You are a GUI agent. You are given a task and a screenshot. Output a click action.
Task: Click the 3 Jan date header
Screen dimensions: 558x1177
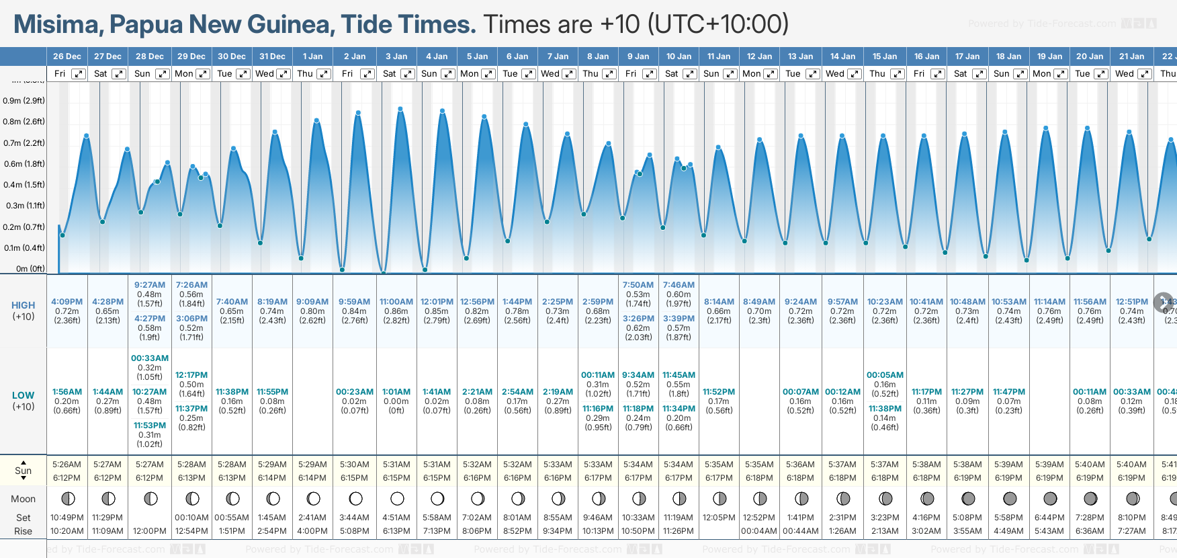point(396,56)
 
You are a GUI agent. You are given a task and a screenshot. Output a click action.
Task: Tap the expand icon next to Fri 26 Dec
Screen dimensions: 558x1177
point(79,74)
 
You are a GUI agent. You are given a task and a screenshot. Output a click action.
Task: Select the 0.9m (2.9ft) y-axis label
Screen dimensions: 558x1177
point(24,101)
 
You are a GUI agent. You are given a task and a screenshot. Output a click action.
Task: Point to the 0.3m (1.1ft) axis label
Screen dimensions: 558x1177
point(24,206)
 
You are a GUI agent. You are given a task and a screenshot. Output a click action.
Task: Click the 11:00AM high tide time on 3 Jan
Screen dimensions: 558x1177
point(396,302)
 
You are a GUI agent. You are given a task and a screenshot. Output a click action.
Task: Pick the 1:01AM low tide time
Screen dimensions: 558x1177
point(396,392)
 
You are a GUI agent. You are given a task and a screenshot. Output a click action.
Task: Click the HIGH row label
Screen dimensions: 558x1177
point(23,305)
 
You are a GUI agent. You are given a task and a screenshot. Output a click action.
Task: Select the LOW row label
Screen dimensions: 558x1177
point(23,395)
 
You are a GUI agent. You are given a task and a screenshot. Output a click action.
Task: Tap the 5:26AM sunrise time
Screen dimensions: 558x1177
point(67,465)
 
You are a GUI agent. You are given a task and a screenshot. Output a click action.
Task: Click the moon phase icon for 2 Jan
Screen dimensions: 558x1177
point(355,499)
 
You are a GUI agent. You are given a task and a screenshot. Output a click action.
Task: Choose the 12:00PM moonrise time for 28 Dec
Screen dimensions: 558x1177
point(149,531)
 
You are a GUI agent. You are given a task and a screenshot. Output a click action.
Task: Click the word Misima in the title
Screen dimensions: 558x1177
point(56,24)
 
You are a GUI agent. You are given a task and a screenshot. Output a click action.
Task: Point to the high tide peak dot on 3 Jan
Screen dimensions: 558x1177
point(400,109)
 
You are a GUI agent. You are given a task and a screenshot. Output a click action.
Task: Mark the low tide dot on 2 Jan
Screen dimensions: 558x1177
point(343,270)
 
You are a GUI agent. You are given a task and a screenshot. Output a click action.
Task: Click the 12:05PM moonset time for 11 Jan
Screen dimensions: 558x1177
point(719,518)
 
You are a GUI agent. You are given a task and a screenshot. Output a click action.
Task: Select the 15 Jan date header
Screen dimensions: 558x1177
point(885,56)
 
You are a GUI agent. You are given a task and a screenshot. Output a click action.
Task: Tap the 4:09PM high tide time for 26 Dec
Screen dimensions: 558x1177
point(67,302)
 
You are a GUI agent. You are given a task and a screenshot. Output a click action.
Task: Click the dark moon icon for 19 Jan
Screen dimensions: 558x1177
point(1050,499)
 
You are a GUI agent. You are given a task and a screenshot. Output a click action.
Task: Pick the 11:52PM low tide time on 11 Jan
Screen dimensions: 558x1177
point(719,392)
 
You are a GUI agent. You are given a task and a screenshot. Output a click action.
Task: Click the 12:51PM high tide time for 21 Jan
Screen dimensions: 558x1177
point(1132,302)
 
